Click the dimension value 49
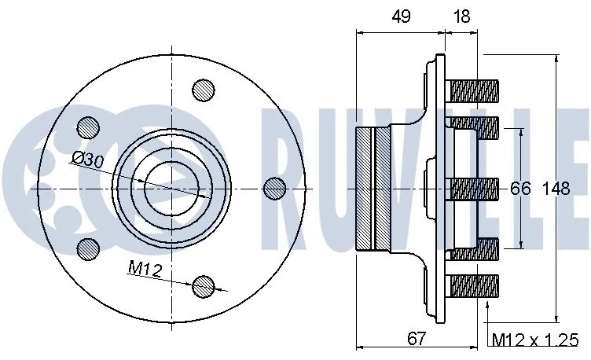coord(402,18)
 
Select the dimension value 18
coord(463,18)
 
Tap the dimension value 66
coord(519,189)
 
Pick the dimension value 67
coord(417,339)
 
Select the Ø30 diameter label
coord(87,160)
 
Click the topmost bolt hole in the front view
coord(204,90)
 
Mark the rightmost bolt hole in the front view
coord(274,188)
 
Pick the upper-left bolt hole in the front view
coord(88,127)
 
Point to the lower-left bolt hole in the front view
coord(88,248)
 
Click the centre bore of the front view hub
coord(172,188)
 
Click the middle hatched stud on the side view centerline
coord(472,188)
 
